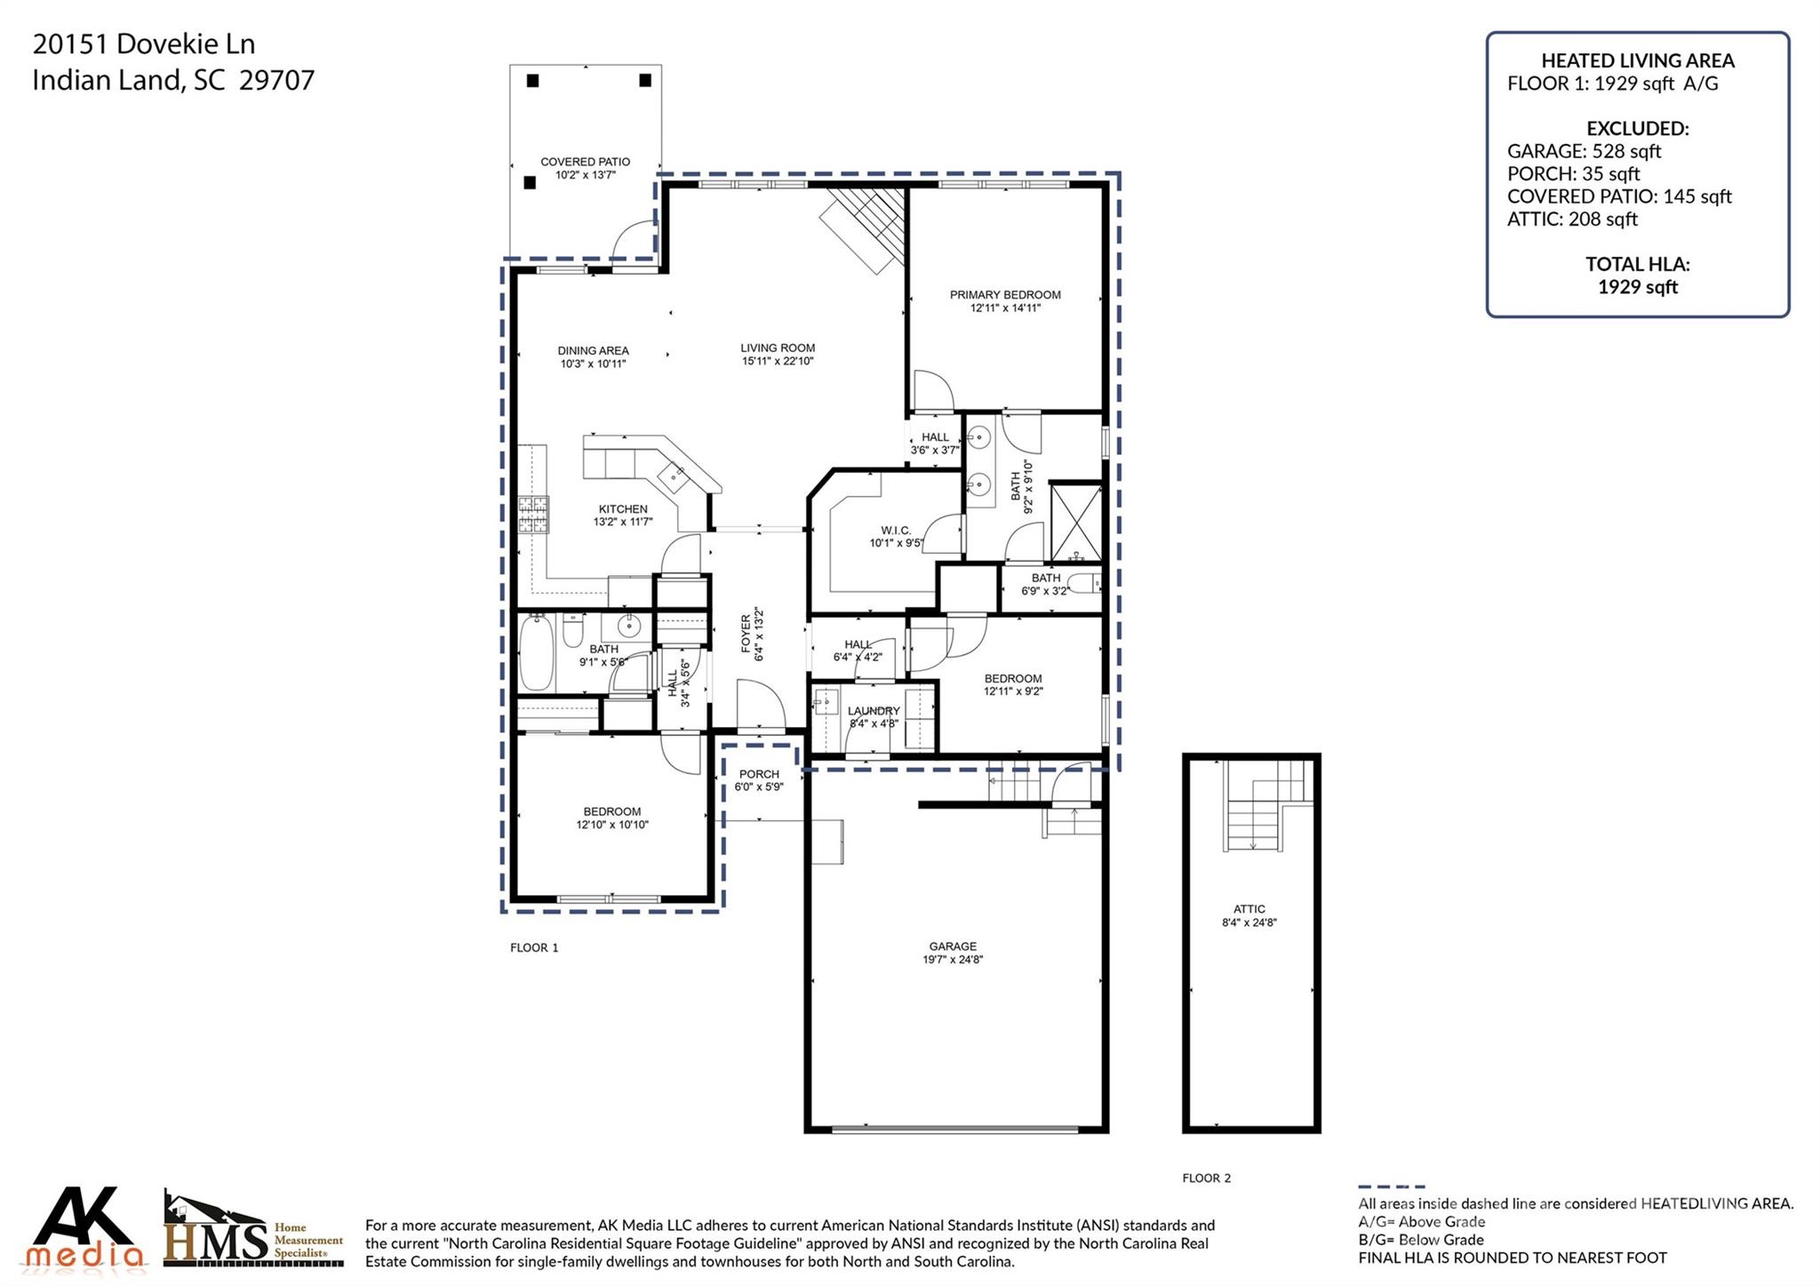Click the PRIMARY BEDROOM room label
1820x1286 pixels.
1005,295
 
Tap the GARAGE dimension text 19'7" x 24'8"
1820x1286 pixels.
953,960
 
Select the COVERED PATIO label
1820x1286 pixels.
585,162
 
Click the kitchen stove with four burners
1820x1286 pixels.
534,515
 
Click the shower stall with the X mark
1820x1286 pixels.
1075,523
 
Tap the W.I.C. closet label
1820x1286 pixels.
896,531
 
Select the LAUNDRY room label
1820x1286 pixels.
874,711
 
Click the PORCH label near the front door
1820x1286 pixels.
759,774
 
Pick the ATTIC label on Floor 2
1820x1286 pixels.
1249,909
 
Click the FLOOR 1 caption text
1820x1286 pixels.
534,948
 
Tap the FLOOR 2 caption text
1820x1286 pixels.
1206,1178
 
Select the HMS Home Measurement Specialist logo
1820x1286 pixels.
253,1232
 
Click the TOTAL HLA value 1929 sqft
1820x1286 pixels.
1637,287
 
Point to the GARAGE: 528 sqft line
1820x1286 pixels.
1584,151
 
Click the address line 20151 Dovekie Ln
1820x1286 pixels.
143,44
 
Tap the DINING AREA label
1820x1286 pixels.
593,351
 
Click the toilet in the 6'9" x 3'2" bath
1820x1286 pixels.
1084,584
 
